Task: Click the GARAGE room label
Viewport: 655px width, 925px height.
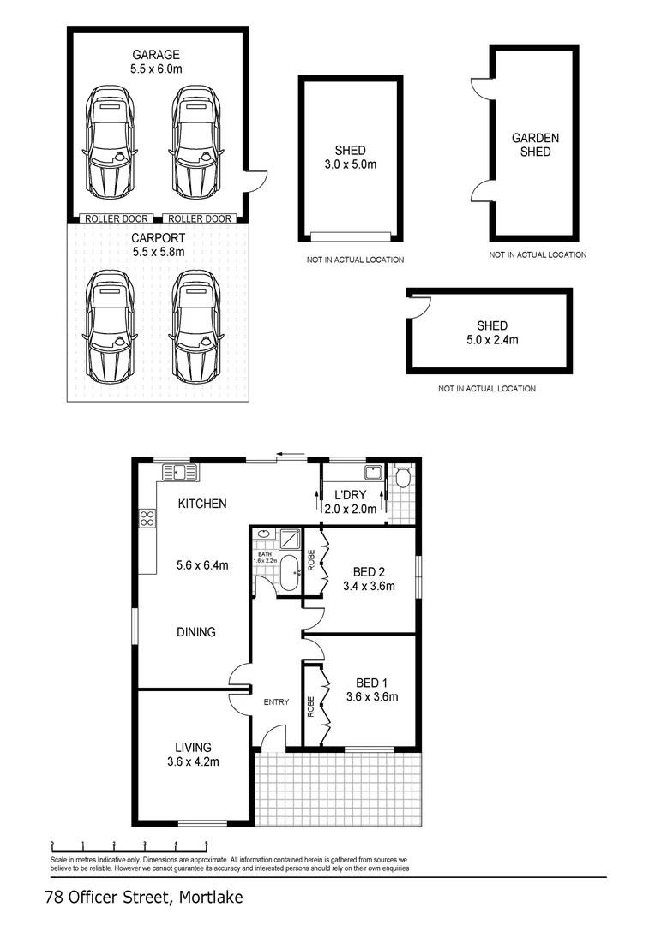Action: click(156, 55)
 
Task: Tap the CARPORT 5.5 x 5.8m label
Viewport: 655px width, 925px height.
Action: click(159, 245)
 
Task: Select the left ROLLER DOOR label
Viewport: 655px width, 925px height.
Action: click(117, 219)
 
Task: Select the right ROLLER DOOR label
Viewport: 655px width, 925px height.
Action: click(200, 219)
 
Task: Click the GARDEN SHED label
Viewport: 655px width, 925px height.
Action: click(535, 145)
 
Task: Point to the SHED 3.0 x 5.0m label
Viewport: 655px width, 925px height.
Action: click(351, 158)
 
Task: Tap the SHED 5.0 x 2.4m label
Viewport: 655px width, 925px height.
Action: click(492, 332)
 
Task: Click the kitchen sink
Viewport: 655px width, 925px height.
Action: click(180, 473)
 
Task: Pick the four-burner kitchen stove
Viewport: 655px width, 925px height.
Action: click(147, 518)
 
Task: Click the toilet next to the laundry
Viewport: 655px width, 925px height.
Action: click(404, 477)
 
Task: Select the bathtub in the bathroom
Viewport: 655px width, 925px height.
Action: click(290, 572)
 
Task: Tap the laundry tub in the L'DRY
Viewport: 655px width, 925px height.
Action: click(373, 473)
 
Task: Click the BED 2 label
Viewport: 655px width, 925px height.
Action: click(370, 571)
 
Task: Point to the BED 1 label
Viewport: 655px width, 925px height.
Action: click(371, 683)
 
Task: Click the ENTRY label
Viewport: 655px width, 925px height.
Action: click(276, 702)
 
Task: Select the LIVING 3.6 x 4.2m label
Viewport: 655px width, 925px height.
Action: click(193, 755)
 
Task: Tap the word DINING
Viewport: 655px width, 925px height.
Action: click(196, 632)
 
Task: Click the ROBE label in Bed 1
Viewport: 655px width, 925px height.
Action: click(310, 707)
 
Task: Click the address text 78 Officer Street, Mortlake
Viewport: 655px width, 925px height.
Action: click(144, 898)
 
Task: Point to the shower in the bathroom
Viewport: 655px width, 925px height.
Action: click(290, 539)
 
